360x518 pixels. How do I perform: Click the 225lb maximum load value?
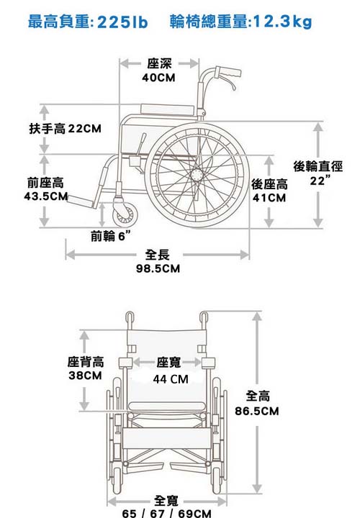(x=122, y=22)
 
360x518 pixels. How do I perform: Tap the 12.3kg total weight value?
(x=282, y=22)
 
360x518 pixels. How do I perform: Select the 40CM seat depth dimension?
(x=158, y=78)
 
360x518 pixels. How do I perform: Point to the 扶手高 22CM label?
(x=65, y=128)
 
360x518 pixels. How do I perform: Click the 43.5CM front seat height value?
(x=46, y=196)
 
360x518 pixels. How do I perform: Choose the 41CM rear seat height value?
(x=269, y=198)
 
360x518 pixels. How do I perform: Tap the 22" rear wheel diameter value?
(x=320, y=181)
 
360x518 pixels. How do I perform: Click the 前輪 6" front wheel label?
(x=110, y=236)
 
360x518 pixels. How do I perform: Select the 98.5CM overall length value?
(x=158, y=268)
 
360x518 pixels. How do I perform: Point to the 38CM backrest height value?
(x=85, y=376)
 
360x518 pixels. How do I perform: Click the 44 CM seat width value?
(x=171, y=379)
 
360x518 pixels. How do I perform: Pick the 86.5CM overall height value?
(x=257, y=411)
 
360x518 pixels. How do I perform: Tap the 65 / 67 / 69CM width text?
(x=166, y=513)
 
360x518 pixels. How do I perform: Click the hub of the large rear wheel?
(x=197, y=174)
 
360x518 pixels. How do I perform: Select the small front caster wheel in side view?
(x=125, y=214)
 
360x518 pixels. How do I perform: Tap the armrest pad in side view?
(x=167, y=109)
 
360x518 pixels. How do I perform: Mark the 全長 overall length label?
(x=158, y=255)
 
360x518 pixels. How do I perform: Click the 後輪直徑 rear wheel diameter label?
(x=318, y=166)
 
